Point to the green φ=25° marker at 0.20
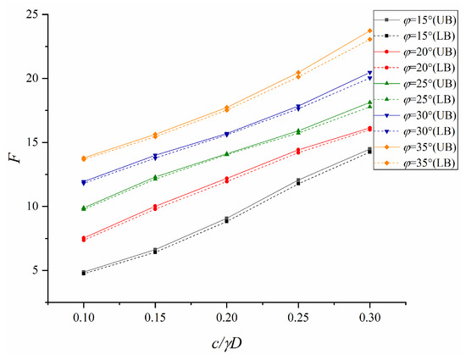pos(226,153)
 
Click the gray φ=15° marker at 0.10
pos(83,273)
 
